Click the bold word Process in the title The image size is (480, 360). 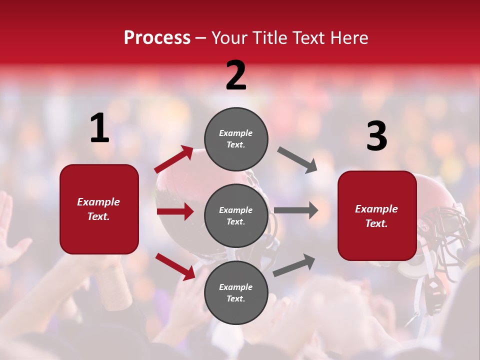(157, 38)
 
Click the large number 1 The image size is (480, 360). (99, 129)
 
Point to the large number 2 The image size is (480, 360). (236, 76)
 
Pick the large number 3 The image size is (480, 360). (376, 137)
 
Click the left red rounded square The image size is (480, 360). (99, 209)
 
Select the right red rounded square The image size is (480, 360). (377, 216)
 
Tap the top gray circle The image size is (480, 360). (236, 139)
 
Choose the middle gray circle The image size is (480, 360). (236, 215)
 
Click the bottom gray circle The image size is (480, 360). (236, 292)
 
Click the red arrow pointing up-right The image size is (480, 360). (174, 159)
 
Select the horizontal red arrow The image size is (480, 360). (175, 211)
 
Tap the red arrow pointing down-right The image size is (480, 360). (175, 266)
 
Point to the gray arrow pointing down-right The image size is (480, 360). (297, 160)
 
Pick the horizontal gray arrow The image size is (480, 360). (295, 210)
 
